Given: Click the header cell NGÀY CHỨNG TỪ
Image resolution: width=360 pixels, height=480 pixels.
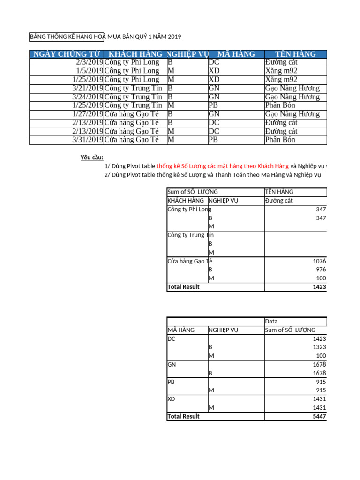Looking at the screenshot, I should tap(66, 54).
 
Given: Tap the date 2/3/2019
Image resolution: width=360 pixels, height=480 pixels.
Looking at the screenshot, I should tap(89, 62).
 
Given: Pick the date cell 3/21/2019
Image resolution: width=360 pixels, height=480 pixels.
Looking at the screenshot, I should tap(88, 88).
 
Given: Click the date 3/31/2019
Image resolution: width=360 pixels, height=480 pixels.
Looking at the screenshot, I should tap(88, 140).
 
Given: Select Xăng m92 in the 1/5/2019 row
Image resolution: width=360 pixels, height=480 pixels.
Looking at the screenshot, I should tap(281, 71).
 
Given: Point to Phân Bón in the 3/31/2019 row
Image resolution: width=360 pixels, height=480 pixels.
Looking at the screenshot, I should tap(280, 140).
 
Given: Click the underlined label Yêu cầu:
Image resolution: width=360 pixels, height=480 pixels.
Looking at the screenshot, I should tap(92, 157).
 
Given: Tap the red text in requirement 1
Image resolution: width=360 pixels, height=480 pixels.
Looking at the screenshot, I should tap(223, 166).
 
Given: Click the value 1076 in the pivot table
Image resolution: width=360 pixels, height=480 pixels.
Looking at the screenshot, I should tap(319, 261).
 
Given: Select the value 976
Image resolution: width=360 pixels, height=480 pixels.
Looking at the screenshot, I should tap(321, 270).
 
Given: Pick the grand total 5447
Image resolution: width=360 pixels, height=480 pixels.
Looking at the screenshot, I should tap(319, 416).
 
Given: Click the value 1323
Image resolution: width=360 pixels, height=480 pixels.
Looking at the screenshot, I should tap(319, 347).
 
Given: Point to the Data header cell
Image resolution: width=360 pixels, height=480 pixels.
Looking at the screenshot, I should tap(271, 322).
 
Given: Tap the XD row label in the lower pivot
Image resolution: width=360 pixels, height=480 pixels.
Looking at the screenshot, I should tap(172, 399).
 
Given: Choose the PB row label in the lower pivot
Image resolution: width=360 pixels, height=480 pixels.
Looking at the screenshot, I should tap(171, 382).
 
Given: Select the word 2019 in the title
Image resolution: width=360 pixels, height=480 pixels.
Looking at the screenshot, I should tap(174, 37).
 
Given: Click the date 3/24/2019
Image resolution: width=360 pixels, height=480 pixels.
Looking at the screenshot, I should tap(88, 97).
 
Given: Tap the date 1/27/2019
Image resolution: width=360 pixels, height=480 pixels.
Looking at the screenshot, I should tap(88, 114).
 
